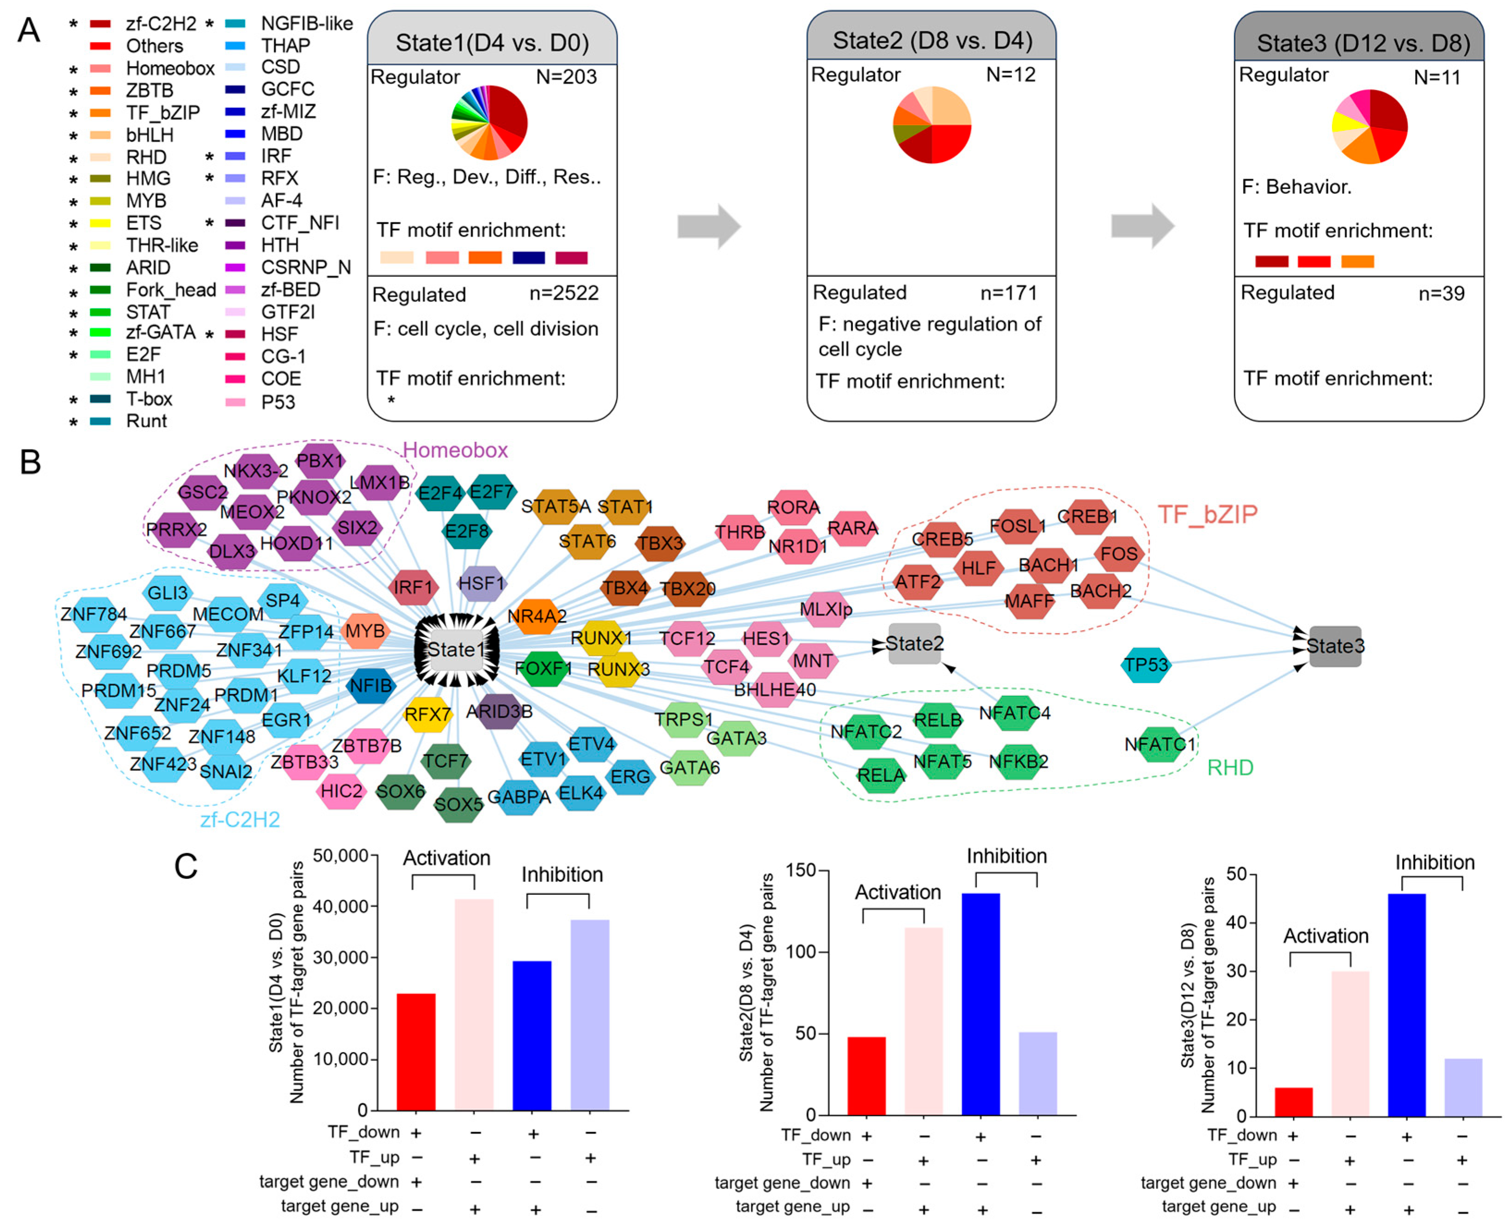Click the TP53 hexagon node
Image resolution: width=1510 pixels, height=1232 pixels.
point(1145,665)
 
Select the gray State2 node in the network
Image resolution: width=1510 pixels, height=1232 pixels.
point(915,644)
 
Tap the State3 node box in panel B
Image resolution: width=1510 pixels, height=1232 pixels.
point(1335,646)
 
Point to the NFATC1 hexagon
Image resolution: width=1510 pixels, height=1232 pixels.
point(1160,744)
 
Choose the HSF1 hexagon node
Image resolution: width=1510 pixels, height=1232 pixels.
point(481,583)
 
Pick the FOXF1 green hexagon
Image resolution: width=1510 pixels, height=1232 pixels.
point(543,669)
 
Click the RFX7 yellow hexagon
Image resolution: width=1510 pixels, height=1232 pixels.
point(427,714)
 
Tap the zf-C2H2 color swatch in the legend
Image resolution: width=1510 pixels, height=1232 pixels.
point(100,24)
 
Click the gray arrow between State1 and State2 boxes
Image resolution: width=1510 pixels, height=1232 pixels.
point(708,226)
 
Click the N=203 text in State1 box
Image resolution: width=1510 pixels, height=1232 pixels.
point(566,77)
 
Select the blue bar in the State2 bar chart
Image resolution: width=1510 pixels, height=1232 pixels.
point(981,1004)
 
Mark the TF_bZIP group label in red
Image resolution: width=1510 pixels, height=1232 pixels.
point(1207,514)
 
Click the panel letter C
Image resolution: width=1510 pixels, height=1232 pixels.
point(185,866)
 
